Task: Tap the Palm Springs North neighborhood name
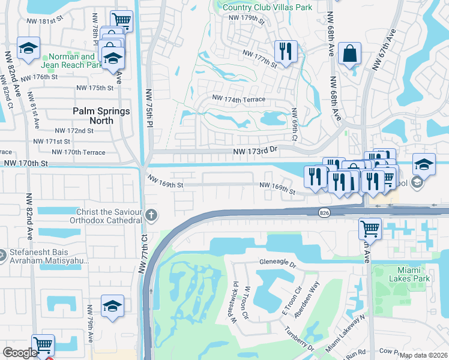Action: pyautogui.click(x=101, y=116)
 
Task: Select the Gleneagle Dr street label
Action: pyautogui.click(x=278, y=263)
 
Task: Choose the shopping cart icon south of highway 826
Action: pyautogui.click(x=370, y=229)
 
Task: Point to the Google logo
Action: pyautogui.click(x=20, y=353)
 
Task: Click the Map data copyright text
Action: pyautogui.click(x=423, y=355)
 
